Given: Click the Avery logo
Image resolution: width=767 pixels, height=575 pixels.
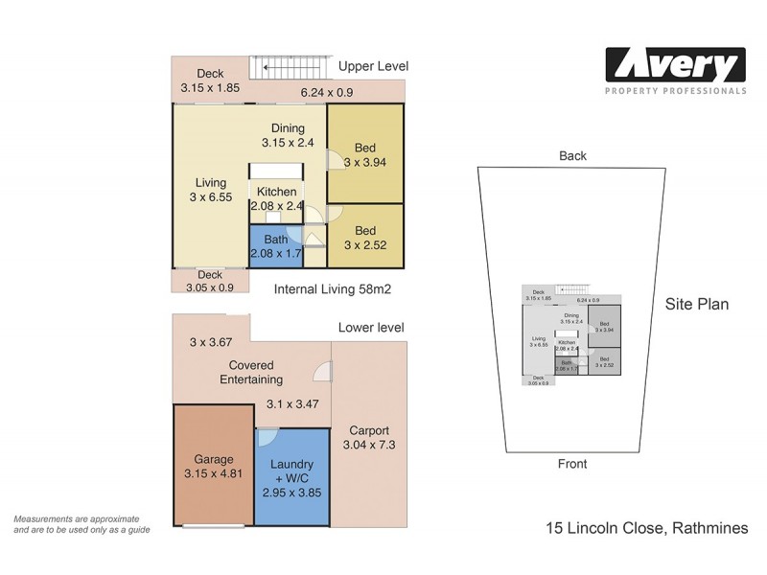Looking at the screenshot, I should coord(674,69).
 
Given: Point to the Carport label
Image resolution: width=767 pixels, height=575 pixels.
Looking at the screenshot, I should coord(369,438).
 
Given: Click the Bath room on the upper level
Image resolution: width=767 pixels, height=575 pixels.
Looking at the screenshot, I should coord(275,246).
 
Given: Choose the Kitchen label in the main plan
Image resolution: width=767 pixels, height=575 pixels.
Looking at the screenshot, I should coord(276,198).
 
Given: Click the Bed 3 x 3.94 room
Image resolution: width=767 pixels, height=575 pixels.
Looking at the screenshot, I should coord(364,154).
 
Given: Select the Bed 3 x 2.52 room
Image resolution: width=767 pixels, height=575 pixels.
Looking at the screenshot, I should coord(364,239).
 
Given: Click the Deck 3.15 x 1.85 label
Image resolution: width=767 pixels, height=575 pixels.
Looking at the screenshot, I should coord(210,80).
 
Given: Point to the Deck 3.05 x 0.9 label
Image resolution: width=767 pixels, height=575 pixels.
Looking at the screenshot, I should coord(210,280).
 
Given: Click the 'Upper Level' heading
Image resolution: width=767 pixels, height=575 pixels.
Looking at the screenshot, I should coord(373,66).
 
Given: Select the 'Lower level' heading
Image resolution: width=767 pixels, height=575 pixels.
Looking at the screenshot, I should coord(371,328).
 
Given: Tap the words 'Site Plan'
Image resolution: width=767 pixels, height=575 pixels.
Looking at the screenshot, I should coord(697,305).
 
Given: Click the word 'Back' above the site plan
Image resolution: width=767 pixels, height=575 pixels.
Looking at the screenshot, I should coord(572,155).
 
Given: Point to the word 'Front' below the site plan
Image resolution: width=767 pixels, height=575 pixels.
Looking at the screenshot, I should coord(572,464).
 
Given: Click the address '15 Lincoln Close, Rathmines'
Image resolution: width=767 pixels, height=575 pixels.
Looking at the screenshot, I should coord(645,528).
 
